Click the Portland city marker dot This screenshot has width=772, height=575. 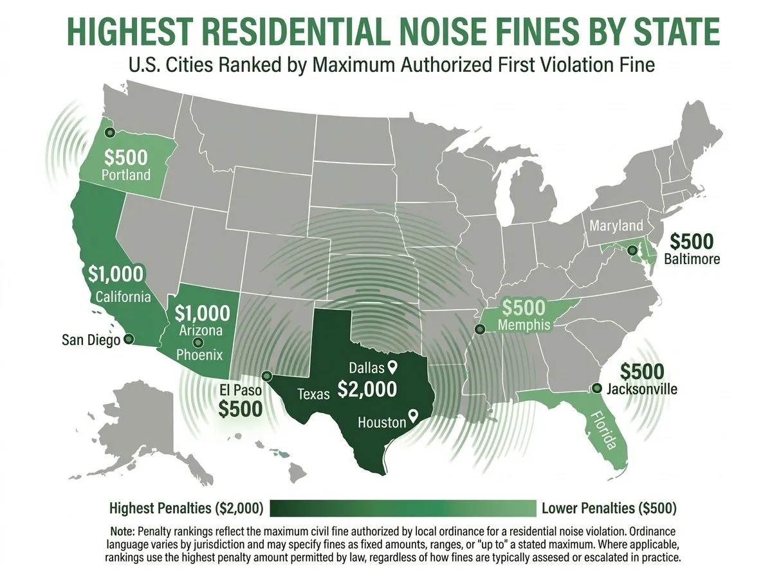(110, 132)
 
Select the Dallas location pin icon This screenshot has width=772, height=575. (391, 367)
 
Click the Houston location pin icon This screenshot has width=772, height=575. (414, 416)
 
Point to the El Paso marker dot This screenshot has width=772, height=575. (267, 376)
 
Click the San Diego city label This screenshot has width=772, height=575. (91, 340)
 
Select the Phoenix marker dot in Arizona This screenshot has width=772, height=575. (198, 342)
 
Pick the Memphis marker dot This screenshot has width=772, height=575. (479, 330)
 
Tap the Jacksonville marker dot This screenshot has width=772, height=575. (596, 388)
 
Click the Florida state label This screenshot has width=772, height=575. (603, 431)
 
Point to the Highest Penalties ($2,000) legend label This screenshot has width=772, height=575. (186, 508)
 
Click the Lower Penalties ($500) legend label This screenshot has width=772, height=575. (609, 508)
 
